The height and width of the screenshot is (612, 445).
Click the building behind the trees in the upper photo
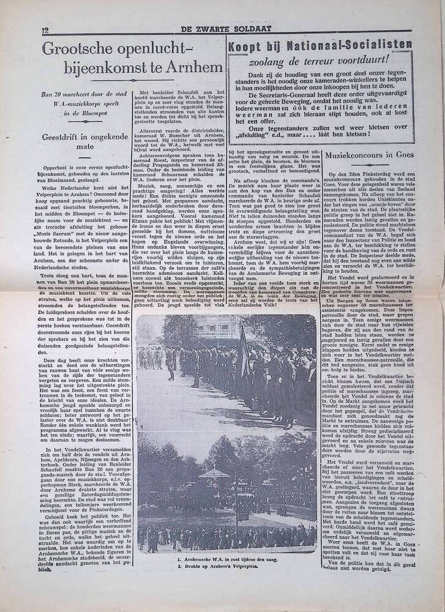pos(184,330)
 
